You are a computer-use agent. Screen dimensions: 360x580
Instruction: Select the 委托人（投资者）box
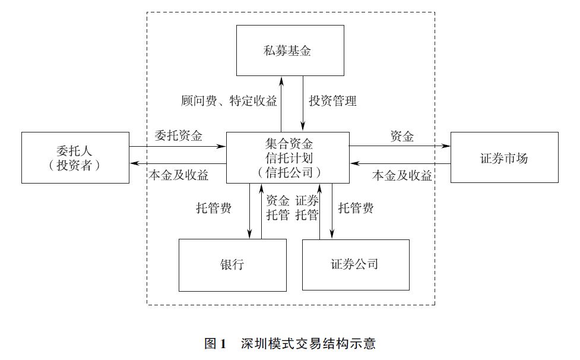point(75,157)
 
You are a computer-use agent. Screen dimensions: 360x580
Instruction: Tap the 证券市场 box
point(504,158)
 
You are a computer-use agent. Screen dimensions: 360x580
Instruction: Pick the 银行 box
point(232,265)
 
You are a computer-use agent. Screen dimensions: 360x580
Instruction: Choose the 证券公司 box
point(355,265)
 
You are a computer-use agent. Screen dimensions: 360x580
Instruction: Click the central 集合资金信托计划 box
point(287,157)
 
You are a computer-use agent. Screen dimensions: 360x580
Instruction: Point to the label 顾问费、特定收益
point(229,101)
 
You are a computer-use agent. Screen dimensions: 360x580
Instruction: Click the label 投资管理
point(333,101)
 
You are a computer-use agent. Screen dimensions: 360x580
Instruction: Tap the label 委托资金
point(178,135)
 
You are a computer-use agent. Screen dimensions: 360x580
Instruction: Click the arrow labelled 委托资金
point(178,146)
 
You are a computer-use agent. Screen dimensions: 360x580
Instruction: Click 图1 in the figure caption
point(215,343)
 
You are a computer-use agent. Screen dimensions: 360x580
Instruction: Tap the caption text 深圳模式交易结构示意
point(308,343)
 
